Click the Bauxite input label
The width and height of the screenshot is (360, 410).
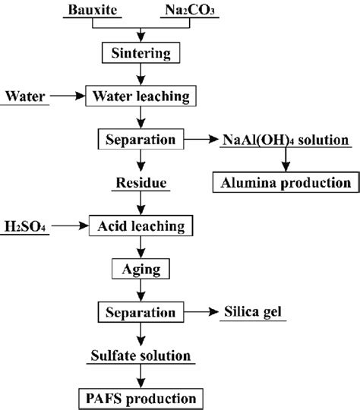click(90, 11)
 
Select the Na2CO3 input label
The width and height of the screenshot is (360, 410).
click(191, 11)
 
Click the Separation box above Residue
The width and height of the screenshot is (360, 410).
click(141, 140)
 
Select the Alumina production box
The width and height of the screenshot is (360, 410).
click(286, 183)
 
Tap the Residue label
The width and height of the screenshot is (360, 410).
click(140, 183)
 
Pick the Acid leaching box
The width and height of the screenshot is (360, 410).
click(141, 225)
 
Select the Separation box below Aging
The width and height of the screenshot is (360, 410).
click(141, 311)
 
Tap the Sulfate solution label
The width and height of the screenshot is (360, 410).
click(141, 354)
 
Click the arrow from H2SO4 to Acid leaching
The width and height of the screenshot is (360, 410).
click(68, 226)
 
